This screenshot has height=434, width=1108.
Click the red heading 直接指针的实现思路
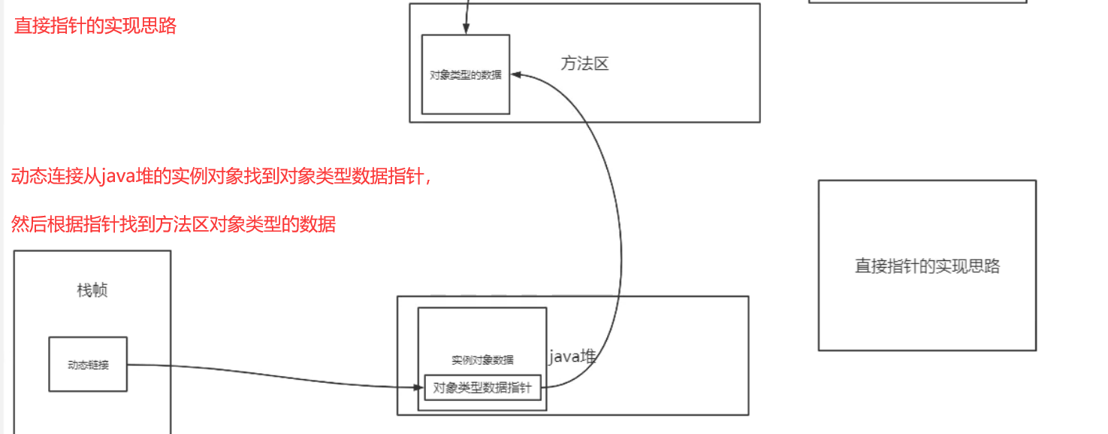[95, 26]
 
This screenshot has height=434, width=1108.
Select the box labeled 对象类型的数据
[466, 74]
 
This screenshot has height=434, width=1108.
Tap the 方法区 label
[584, 64]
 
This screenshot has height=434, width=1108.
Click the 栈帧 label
[92, 290]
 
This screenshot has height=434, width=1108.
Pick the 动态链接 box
[88, 364]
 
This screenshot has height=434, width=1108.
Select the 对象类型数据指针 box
[482, 388]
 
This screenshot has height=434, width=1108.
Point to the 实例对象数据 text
[482, 360]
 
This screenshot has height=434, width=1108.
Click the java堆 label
[572, 357]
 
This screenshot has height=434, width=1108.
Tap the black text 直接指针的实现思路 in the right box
[927, 266]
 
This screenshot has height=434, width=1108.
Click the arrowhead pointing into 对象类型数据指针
[419, 387]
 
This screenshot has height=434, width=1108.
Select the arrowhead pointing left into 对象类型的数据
[516, 74]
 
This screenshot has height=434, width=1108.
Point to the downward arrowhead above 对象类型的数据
[466, 30]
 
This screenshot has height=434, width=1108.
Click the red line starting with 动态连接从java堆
[221, 178]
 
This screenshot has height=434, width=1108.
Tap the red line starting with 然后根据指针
[174, 224]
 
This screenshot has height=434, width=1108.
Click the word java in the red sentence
[116, 178]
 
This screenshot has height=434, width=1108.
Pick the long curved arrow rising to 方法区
[620, 248]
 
